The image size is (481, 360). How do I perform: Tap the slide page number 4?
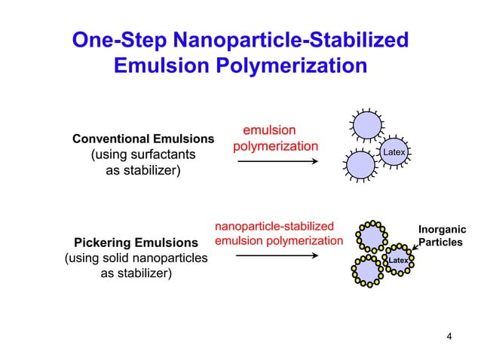coord(449,336)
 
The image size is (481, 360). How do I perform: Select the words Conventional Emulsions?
coord(143,139)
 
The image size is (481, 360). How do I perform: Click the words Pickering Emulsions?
coord(136,243)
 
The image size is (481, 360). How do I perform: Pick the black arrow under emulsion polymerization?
coord(276,160)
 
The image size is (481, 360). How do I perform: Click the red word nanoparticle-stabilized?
coord(274,226)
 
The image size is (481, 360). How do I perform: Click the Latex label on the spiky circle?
coord(394,153)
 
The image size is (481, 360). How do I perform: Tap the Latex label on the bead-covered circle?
coord(397,260)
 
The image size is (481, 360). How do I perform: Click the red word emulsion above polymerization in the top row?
coord(269,130)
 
